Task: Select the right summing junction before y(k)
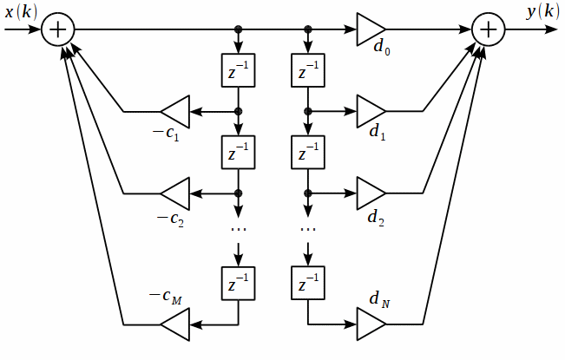(489, 29)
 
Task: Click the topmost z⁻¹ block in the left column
(238, 72)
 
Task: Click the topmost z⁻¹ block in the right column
(307, 72)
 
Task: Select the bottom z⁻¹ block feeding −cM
(238, 284)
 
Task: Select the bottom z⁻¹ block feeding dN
(307, 284)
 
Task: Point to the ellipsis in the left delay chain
(238, 229)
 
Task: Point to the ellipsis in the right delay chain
(307, 229)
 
